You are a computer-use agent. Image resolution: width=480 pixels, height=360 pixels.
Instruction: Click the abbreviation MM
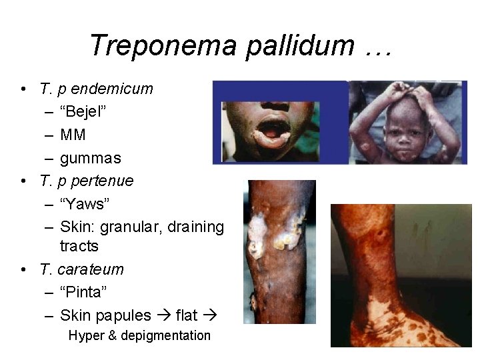click(73, 135)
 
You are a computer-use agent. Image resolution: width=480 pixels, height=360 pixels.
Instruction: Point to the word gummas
click(91, 158)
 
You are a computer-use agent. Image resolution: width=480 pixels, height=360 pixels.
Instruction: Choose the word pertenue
click(103, 181)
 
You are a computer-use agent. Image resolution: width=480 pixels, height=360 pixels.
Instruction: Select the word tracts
click(79, 246)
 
